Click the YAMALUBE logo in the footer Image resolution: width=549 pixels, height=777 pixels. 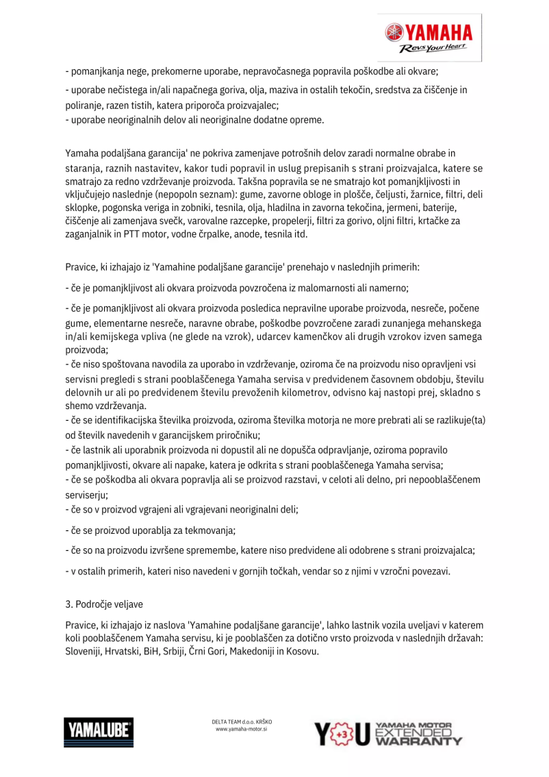pyautogui.click(x=99, y=731)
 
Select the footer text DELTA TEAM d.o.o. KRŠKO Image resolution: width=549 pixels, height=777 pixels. pyautogui.click(x=242, y=721)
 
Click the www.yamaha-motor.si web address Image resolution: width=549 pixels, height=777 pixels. pyautogui.click(x=242, y=730)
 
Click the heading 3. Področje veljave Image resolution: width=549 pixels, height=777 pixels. pyautogui.click(x=104, y=604)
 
